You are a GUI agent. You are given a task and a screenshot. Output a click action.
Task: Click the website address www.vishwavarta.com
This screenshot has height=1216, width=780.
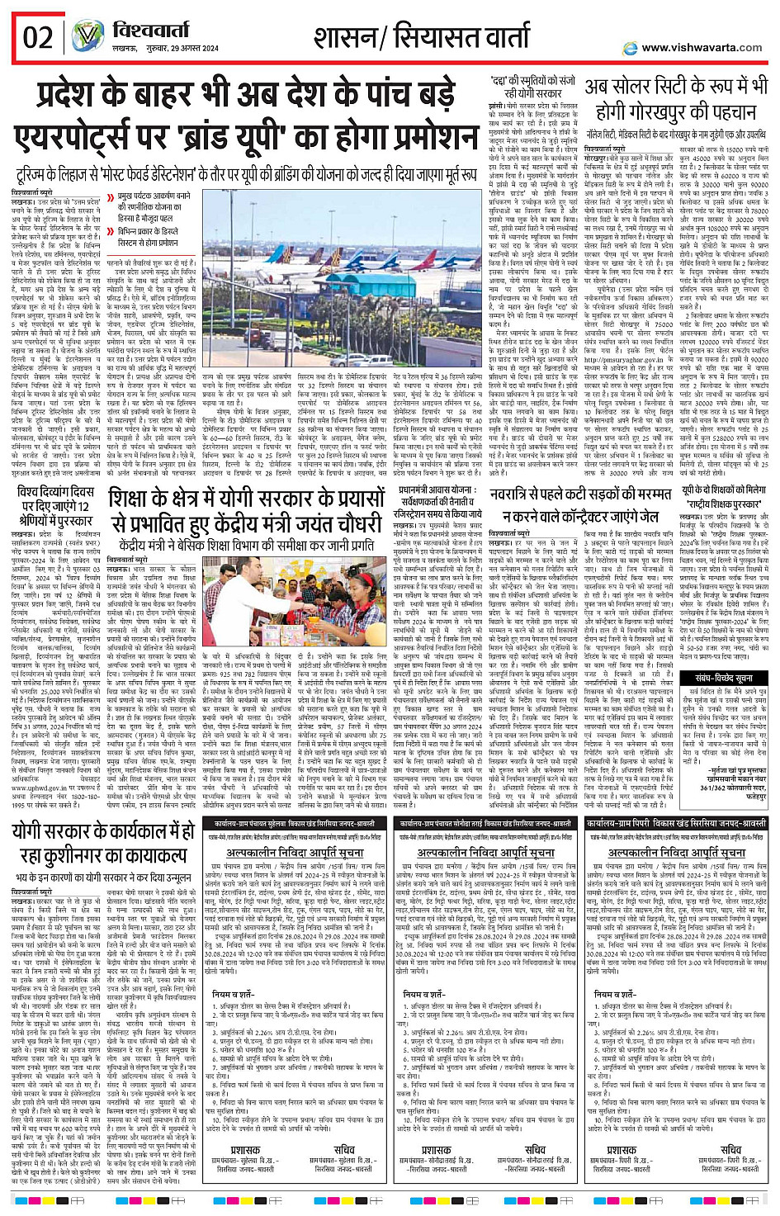[x=702, y=48]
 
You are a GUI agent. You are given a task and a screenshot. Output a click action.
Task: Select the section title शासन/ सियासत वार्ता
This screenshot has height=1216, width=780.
[x=422, y=36]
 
